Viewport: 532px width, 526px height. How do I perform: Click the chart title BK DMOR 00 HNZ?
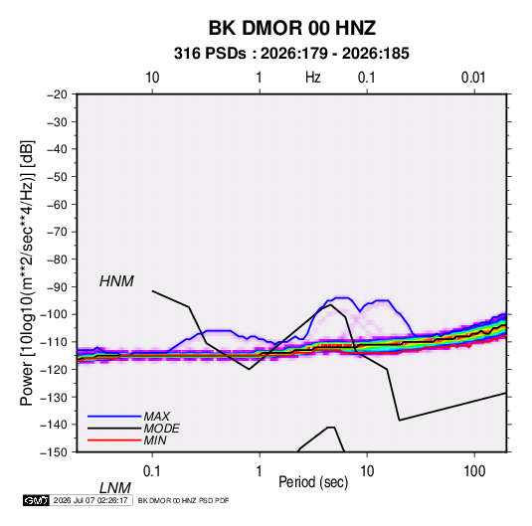pyautogui.click(x=291, y=28)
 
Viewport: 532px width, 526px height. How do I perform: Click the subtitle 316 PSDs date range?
pyautogui.click(x=291, y=54)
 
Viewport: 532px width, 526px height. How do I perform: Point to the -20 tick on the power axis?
pyautogui.click(x=57, y=94)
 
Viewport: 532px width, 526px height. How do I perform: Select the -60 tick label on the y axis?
pyautogui.click(x=57, y=204)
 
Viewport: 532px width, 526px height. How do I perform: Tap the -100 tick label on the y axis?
pyautogui.click(x=54, y=314)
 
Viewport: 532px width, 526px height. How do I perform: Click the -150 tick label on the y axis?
pyautogui.click(x=54, y=452)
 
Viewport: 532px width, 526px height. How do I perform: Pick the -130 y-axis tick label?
pyautogui.click(x=54, y=398)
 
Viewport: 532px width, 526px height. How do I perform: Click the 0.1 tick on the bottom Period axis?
pyautogui.click(x=152, y=471)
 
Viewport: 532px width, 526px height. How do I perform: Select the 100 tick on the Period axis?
pyautogui.click(x=474, y=471)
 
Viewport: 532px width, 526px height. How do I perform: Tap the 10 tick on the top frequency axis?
pyautogui.click(x=152, y=78)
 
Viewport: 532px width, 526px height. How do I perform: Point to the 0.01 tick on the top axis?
pyautogui.click(x=473, y=78)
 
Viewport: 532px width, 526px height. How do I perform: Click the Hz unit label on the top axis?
pyautogui.click(x=312, y=78)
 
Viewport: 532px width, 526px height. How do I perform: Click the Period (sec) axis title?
pyautogui.click(x=313, y=482)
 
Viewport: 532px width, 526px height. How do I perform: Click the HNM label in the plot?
pyautogui.click(x=116, y=281)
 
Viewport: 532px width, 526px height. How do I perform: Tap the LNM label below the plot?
pyautogui.click(x=115, y=488)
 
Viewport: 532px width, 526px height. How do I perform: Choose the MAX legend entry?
pyautogui.click(x=156, y=417)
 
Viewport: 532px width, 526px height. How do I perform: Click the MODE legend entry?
pyautogui.click(x=161, y=429)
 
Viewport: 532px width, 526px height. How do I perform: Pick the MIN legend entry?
pyautogui.click(x=155, y=440)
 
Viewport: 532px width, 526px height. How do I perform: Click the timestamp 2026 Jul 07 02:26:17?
pyautogui.click(x=90, y=500)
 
